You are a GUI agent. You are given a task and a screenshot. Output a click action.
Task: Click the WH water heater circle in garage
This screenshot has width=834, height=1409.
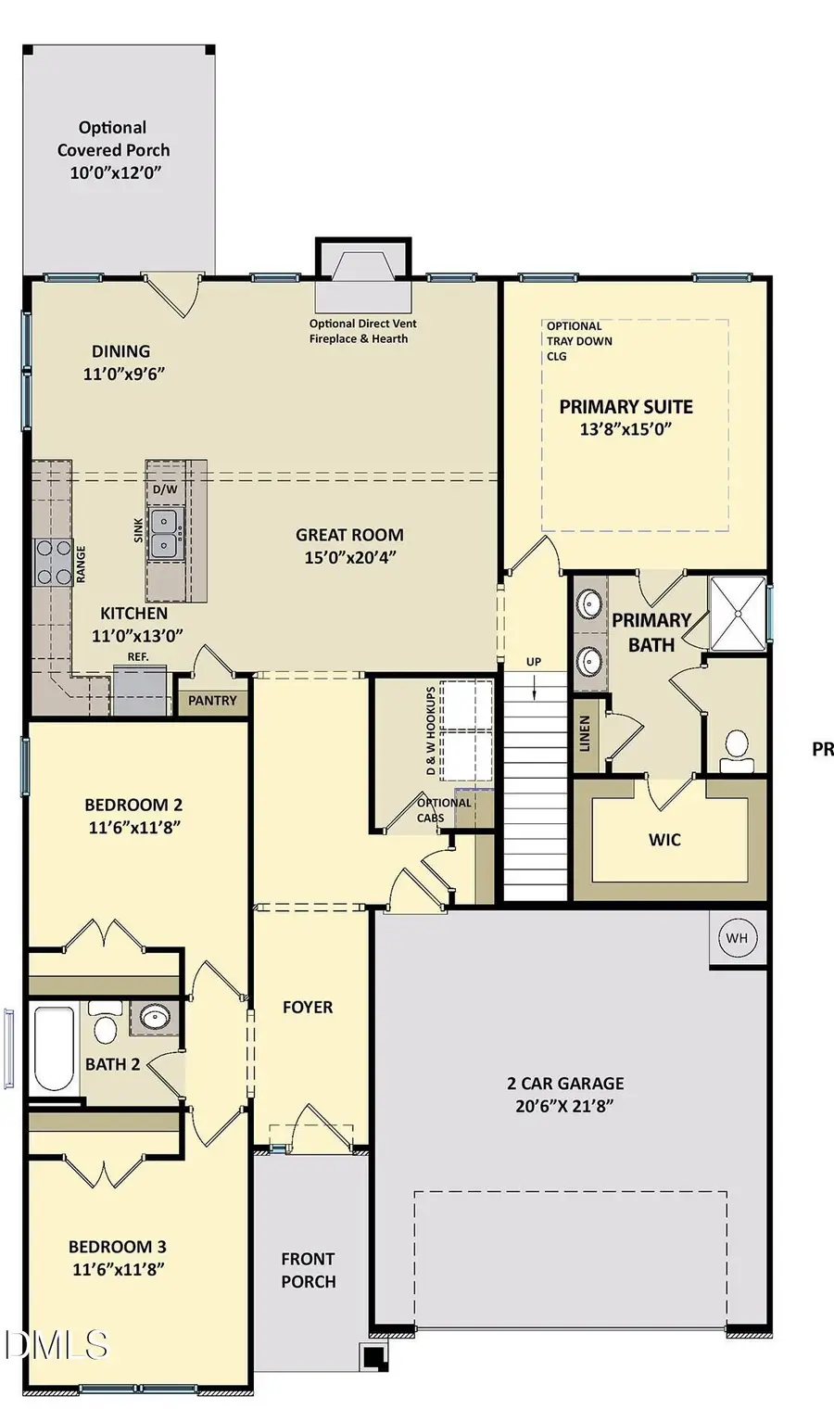click(737, 938)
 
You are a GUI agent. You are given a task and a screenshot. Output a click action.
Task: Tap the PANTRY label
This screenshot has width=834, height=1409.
click(212, 701)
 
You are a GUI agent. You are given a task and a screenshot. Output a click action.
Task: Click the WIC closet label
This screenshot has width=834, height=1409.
click(664, 840)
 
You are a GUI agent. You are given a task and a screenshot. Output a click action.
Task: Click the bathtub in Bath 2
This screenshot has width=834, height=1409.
click(53, 1049)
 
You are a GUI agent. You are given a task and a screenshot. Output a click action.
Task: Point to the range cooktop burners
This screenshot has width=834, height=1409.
click(53, 562)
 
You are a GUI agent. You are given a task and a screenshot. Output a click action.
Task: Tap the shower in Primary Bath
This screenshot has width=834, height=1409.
click(738, 613)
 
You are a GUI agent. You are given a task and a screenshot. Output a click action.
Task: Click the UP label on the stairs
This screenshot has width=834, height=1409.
click(534, 662)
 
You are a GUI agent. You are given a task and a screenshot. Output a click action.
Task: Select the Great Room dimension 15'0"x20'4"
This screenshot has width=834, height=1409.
click(349, 558)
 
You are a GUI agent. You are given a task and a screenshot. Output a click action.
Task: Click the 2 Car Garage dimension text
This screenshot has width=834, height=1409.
click(565, 1106)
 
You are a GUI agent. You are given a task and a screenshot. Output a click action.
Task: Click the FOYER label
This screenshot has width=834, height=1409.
click(308, 1007)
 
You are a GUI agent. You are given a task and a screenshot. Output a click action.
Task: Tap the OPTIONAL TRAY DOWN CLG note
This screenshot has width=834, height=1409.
click(579, 340)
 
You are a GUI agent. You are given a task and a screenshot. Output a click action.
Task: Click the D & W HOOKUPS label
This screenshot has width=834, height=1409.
click(431, 732)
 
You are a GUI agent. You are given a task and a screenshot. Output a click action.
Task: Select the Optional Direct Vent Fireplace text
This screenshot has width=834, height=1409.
click(362, 331)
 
